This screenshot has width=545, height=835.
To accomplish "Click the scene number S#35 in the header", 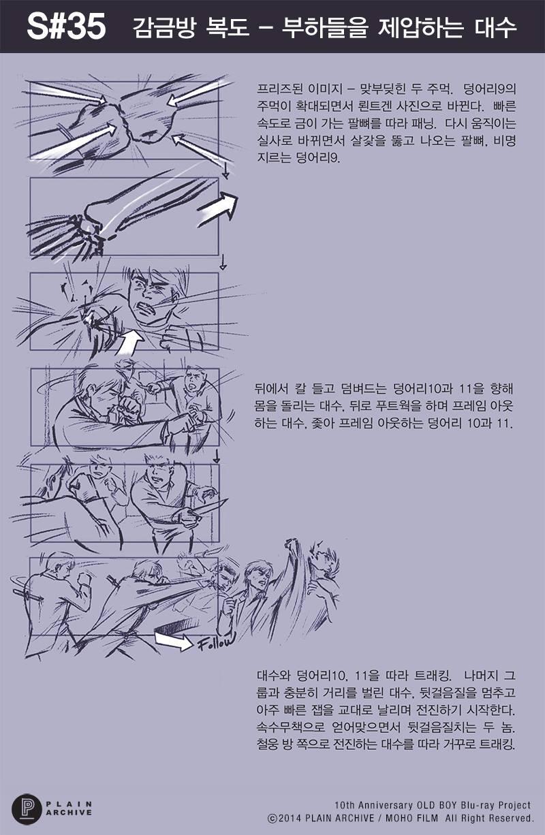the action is tap(66, 27).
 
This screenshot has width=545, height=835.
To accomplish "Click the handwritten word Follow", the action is tap(217, 642).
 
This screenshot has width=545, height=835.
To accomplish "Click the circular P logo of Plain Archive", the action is tap(26, 810).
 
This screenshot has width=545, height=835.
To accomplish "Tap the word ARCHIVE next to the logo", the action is tap(69, 813).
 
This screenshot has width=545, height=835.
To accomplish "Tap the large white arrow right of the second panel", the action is tap(219, 207).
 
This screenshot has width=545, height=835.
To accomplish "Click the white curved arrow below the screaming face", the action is tap(130, 343).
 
